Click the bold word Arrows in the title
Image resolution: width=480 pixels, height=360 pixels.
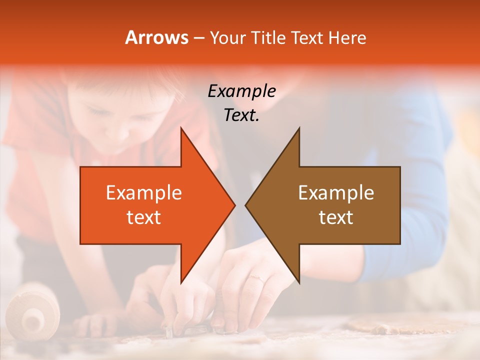(156, 38)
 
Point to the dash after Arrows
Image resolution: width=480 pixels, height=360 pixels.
(198, 38)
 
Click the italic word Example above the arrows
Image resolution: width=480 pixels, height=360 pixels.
(241, 91)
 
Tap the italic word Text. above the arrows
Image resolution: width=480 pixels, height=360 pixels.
(241, 115)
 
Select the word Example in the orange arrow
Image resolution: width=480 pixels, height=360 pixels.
(144, 193)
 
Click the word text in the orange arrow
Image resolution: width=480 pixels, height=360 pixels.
(144, 217)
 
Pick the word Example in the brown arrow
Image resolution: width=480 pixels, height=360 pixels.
(336, 193)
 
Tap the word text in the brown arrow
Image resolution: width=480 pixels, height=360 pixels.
(336, 217)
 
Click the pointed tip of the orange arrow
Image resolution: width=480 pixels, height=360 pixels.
(234, 205)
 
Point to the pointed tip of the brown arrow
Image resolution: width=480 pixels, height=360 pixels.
(246, 205)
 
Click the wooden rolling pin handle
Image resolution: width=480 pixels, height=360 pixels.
(33, 315)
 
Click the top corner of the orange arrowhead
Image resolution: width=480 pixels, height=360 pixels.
(181, 128)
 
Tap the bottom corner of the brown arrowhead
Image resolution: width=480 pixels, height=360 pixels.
(299, 282)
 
